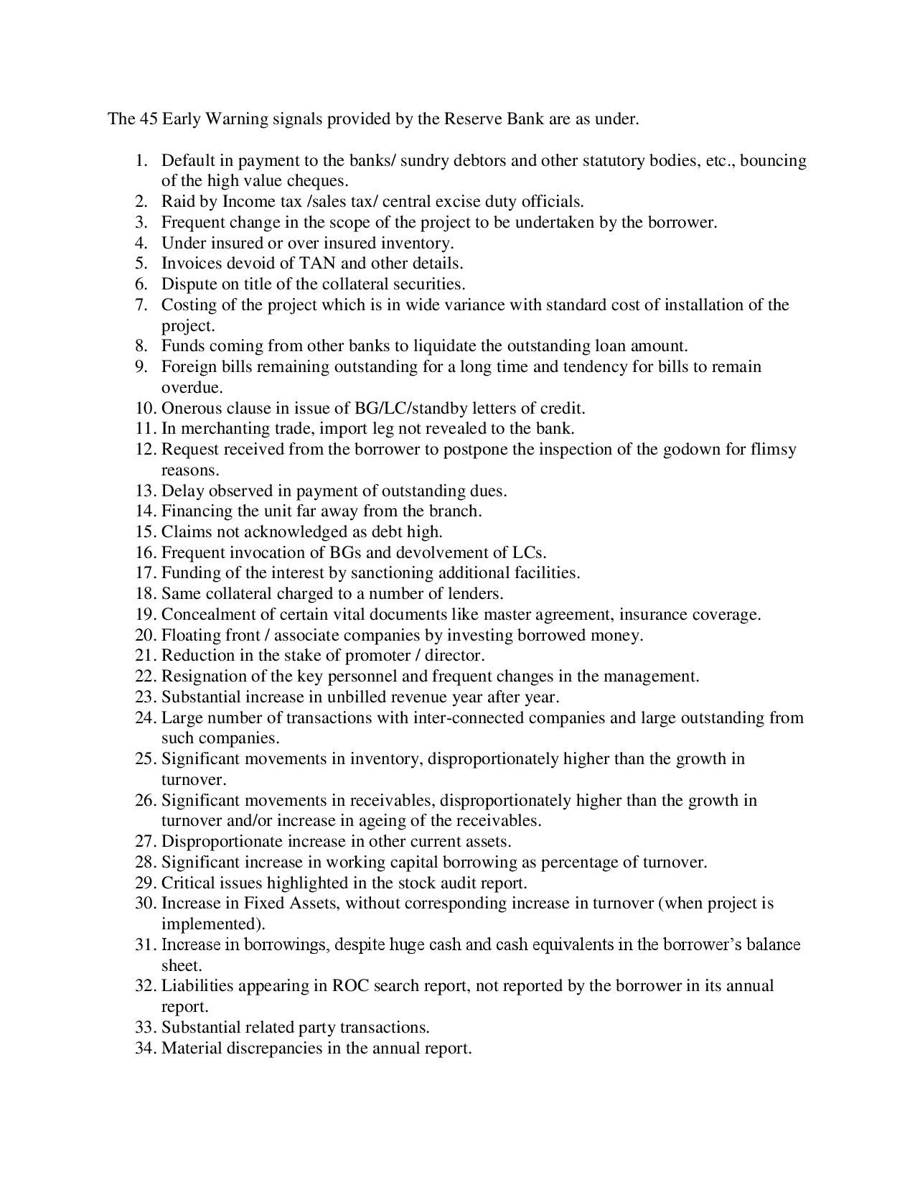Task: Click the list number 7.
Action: point(141,305)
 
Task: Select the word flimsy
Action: point(773,450)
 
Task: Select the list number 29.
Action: point(145,883)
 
